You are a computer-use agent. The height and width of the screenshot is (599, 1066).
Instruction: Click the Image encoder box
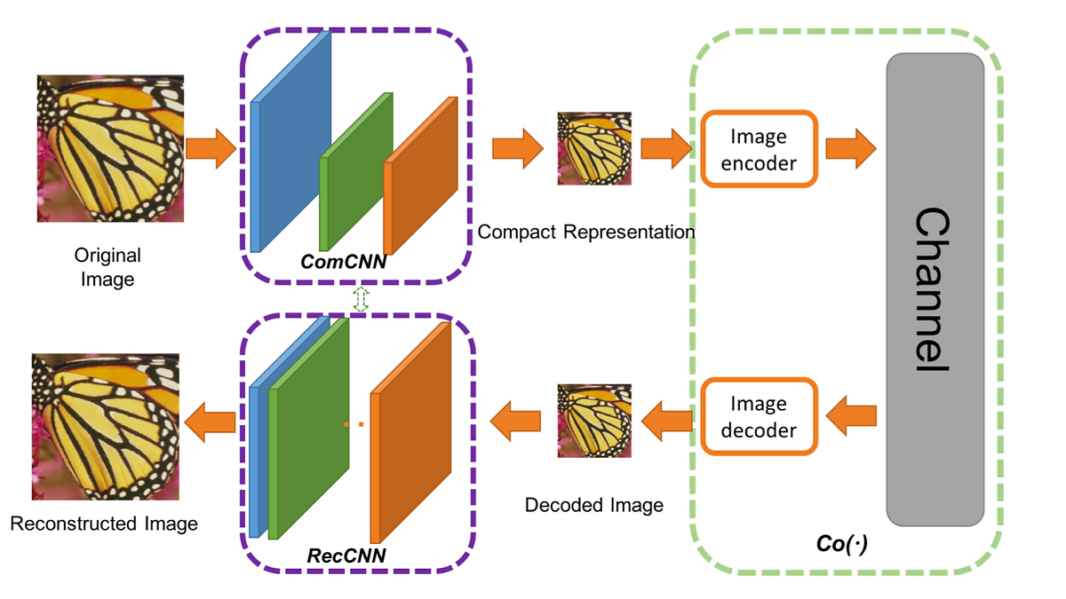(x=758, y=149)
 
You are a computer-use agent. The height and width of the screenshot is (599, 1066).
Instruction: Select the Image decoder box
(x=758, y=417)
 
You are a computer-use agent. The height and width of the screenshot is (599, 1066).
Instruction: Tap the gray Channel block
(x=935, y=289)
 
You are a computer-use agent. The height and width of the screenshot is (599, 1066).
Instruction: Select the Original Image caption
(x=107, y=267)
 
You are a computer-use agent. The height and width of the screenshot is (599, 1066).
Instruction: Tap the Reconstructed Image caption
(x=104, y=524)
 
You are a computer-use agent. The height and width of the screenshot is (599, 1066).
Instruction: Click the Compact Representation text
(x=585, y=233)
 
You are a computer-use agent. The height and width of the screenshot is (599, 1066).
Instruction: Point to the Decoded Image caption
(x=594, y=506)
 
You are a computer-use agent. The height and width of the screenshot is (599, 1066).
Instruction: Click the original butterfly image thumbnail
(x=110, y=148)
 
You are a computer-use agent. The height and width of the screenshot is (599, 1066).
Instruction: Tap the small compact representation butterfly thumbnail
(x=594, y=148)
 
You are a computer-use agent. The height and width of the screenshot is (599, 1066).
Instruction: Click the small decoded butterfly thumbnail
(x=594, y=421)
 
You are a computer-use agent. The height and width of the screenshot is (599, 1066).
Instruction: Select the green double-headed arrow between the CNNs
(x=360, y=299)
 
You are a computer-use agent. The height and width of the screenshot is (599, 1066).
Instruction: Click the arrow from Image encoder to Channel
(x=850, y=148)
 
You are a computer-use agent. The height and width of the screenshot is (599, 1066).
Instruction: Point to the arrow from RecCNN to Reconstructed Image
(x=212, y=418)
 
